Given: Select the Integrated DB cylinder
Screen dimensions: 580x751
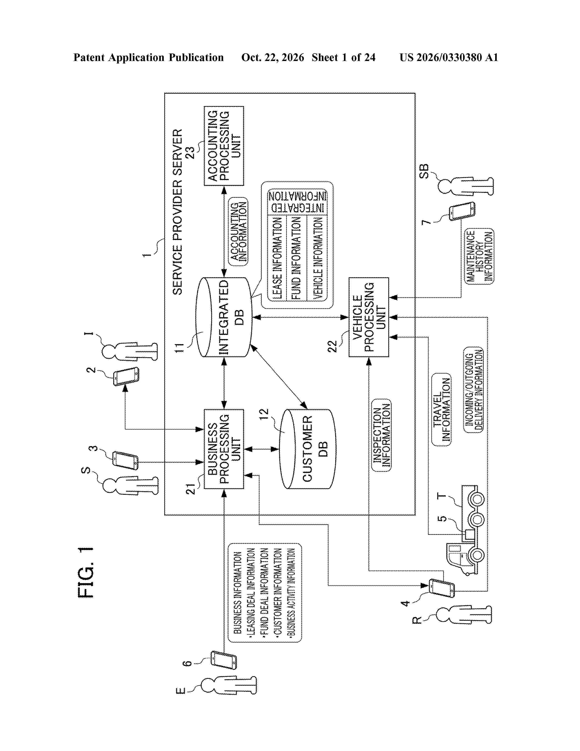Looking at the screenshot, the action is [x=224, y=317].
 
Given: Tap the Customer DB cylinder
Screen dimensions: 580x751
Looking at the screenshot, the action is [x=308, y=449].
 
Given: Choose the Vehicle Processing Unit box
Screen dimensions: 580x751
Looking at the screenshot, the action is [x=369, y=317].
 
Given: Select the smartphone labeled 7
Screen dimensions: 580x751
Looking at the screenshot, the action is [x=462, y=211].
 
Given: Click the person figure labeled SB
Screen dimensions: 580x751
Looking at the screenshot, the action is [x=466, y=186].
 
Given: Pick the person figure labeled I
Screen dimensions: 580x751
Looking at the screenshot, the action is [x=130, y=351].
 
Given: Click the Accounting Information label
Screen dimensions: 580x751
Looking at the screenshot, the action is [x=238, y=231].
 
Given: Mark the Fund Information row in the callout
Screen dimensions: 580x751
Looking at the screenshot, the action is [x=296, y=258].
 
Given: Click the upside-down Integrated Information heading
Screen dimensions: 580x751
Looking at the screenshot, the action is [x=297, y=201].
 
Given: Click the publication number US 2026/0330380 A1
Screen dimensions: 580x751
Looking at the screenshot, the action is [x=449, y=57].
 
